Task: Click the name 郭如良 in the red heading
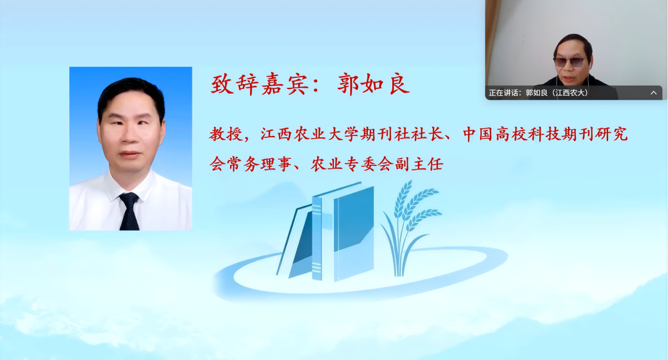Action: [374, 84]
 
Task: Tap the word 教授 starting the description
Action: [224, 134]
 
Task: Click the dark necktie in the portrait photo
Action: [129, 210]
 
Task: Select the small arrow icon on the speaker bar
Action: [654, 93]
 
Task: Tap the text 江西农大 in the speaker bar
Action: [570, 93]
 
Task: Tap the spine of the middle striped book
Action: [317, 238]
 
